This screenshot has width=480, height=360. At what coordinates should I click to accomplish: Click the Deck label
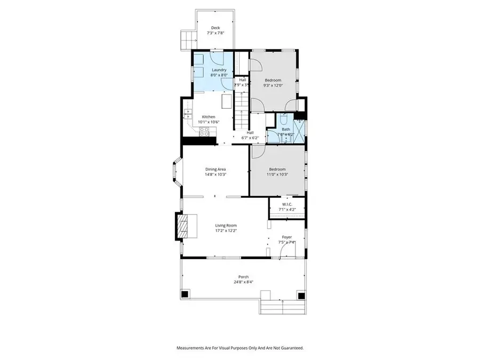pos(215,28)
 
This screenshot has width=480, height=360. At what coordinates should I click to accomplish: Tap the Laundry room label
pos(219,70)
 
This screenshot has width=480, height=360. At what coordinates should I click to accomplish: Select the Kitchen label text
pos(208,117)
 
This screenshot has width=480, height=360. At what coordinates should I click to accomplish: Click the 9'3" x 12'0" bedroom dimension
pos(273,85)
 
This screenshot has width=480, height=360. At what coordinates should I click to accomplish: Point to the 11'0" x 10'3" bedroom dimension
pos(277,174)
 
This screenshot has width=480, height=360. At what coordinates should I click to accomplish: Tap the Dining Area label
pos(215,169)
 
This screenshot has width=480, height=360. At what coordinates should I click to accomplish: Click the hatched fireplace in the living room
pos(183,227)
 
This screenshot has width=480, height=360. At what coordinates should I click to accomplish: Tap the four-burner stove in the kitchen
pos(203,134)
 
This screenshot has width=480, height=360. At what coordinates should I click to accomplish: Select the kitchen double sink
pos(187,114)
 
